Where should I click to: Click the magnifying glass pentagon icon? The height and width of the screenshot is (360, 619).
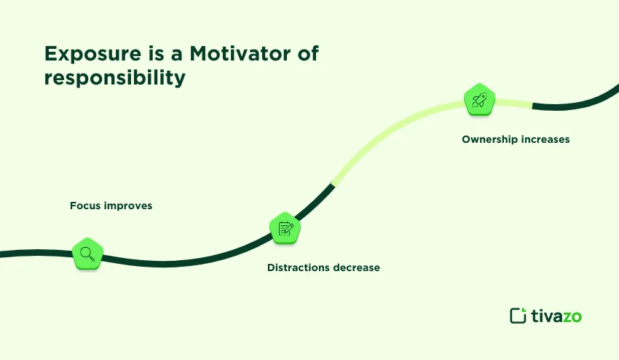[x=87, y=254]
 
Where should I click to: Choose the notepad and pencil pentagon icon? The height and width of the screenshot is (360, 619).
[x=285, y=229]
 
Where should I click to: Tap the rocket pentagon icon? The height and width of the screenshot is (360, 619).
[x=479, y=100]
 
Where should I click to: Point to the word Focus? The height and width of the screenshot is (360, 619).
[x=85, y=206]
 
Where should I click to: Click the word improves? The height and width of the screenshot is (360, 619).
[x=127, y=206]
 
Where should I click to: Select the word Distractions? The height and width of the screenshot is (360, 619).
[x=299, y=267]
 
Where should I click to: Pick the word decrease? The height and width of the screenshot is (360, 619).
[x=356, y=267]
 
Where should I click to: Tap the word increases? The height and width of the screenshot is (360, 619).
[x=545, y=138]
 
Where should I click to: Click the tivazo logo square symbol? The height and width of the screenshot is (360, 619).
[x=518, y=316]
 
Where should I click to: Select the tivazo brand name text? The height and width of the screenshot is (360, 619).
[x=556, y=316]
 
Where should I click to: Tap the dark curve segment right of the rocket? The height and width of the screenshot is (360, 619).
[x=575, y=101]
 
